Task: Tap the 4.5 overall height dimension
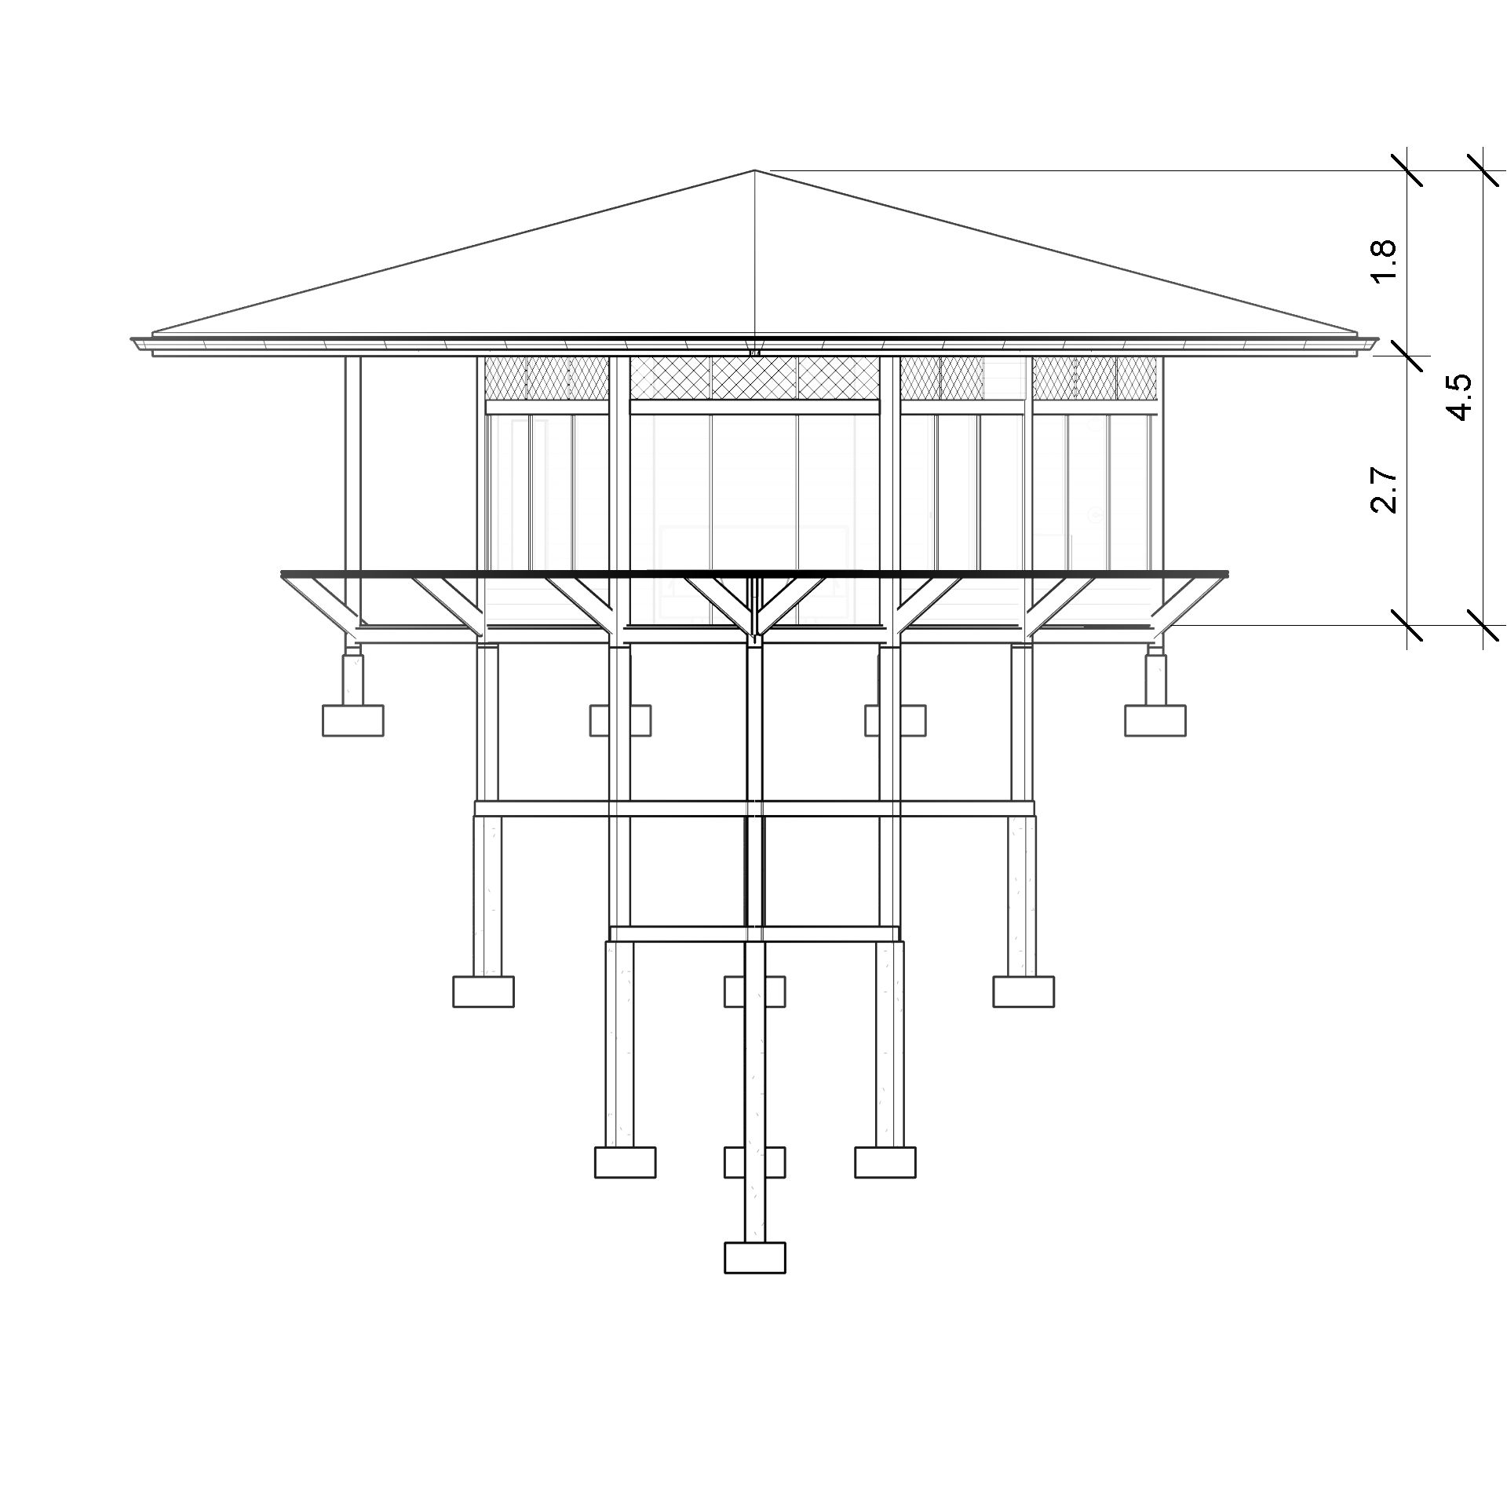point(1461,398)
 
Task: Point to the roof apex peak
point(754,170)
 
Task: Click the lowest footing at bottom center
point(754,1257)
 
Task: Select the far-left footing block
point(353,720)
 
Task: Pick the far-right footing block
point(1155,720)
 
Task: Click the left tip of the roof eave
point(131,341)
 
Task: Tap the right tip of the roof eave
point(1378,341)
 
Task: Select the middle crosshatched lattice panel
point(754,377)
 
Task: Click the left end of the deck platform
point(282,574)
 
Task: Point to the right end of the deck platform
point(1228,574)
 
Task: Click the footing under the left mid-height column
point(483,991)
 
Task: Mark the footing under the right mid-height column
point(1024,991)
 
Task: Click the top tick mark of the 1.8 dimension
point(1407,170)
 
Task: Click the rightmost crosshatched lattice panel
point(1095,377)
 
